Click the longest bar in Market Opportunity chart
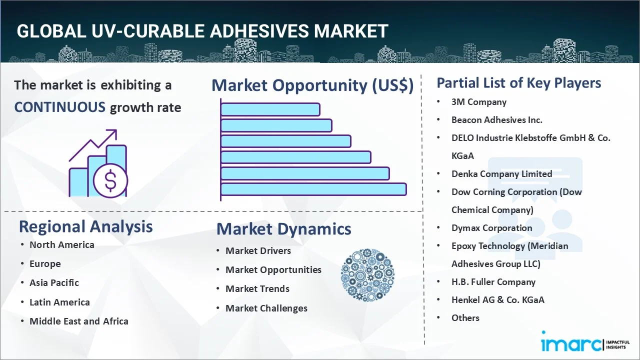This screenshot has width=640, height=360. coord(313,189)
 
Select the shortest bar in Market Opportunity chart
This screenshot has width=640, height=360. coord(270,109)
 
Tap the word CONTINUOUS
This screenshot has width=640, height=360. coord(59,107)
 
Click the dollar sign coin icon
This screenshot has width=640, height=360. coord(110,181)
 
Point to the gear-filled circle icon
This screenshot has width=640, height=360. coord(367,275)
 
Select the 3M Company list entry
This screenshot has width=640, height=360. coord(478,102)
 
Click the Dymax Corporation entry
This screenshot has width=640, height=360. coord(491,228)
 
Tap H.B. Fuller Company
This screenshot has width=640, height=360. coord(493,282)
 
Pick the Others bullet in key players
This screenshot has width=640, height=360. coord(465,318)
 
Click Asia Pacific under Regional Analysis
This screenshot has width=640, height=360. coord(54,283)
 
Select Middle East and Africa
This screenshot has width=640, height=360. coord(78,321)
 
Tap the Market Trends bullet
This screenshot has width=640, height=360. coord(257,289)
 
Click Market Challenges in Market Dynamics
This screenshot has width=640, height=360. coord(266,308)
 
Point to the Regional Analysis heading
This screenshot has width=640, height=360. coord(85,226)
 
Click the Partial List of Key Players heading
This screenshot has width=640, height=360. coord(518,83)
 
